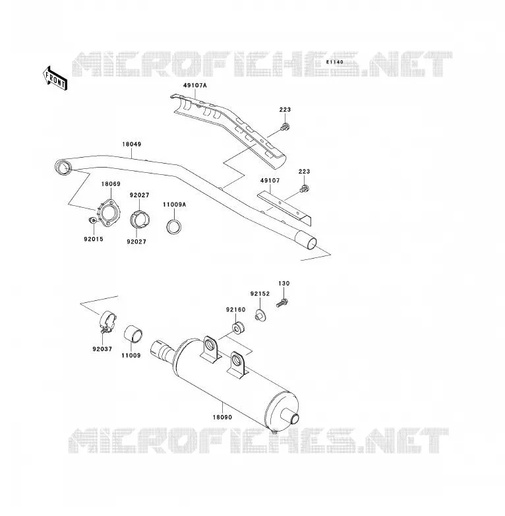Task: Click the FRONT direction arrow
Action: point(55,79)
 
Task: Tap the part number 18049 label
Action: point(131,144)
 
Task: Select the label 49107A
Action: point(195,86)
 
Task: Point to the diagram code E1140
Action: point(335,62)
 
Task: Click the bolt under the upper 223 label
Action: point(285,127)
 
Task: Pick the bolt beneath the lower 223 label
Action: point(305,189)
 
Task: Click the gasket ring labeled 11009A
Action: point(174,226)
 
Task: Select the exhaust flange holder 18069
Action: point(109,213)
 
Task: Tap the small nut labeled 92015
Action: point(92,220)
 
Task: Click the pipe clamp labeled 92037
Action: point(108,321)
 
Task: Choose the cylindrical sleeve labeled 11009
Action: point(133,334)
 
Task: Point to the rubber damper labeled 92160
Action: point(238,328)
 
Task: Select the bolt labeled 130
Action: point(282,302)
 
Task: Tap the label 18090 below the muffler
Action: point(222,417)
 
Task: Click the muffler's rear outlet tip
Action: point(295,419)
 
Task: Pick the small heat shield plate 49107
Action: point(285,209)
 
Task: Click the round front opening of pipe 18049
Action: point(63,168)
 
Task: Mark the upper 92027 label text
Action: point(139,195)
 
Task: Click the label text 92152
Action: point(260,294)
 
